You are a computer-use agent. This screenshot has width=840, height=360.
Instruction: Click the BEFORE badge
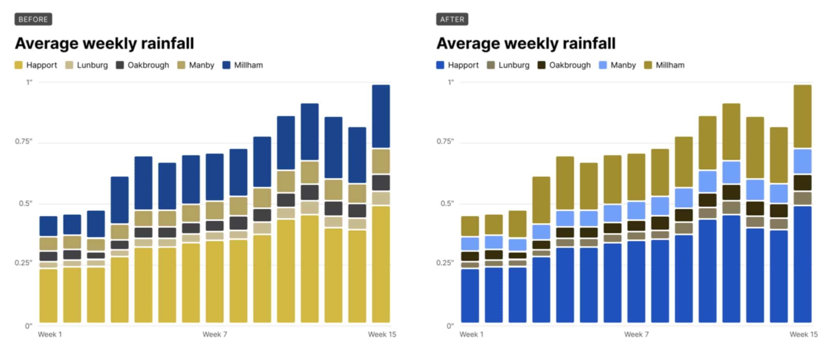pos(33,19)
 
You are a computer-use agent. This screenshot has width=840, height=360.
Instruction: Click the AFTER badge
pos(452,19)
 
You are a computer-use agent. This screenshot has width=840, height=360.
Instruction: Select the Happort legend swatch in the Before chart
pos(19,65)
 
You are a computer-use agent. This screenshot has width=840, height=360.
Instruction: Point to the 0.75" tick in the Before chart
pos(24,141)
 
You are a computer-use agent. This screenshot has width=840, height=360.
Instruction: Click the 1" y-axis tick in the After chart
pos(450,82)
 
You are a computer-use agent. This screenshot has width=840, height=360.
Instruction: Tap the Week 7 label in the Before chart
pos(215,334)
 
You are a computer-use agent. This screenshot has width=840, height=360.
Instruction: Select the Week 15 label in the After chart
pos(803,334)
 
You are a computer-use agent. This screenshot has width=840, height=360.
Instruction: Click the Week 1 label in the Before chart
pos(50,334)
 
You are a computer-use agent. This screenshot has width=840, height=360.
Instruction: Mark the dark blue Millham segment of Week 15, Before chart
pos(381,116)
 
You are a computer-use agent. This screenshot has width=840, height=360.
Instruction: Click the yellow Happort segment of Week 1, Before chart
pos(49,296)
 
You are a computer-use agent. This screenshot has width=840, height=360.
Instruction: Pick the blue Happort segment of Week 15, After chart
pos(803,264)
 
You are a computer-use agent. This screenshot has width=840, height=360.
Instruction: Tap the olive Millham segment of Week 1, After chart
pos(470,226)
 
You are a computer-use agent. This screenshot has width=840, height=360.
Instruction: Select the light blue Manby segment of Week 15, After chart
pos(803,161)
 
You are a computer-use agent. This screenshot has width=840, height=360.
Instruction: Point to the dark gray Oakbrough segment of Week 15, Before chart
pos(381,183)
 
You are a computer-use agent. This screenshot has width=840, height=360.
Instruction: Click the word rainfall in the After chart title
pos(589,43)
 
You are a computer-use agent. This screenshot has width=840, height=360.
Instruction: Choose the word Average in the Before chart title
pos(47,43)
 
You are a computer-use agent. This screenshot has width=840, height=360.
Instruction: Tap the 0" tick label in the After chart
pos(450,326)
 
